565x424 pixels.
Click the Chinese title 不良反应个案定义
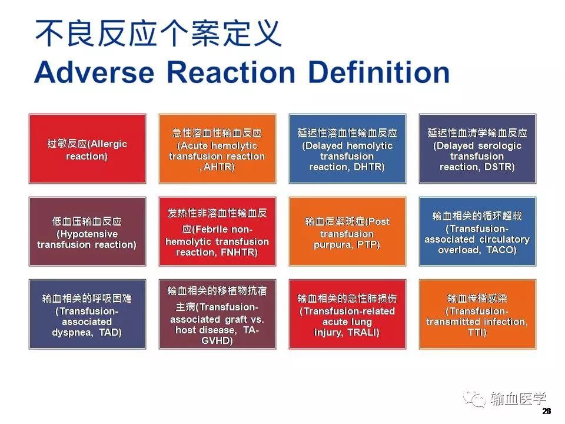click(x=158, y=34)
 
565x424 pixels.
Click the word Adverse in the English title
click(x=95, y=72)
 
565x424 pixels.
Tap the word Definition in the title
click(x=379, y=72)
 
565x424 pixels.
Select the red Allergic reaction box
click(x=87, y=149)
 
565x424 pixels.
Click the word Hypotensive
click(x=87, y=234)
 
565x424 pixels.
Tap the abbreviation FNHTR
click(x=238, y=253)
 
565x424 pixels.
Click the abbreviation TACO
click(x=501, y=250)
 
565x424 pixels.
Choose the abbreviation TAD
click(x=110, y=332)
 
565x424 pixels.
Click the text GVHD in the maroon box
click(x=217, y=341)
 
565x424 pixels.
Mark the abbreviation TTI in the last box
click(x=477, y=332)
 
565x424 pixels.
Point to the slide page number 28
click(x=546, y=412)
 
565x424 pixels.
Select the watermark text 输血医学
click(x=518, y=399)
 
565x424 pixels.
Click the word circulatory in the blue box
click(x=504, y=240)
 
